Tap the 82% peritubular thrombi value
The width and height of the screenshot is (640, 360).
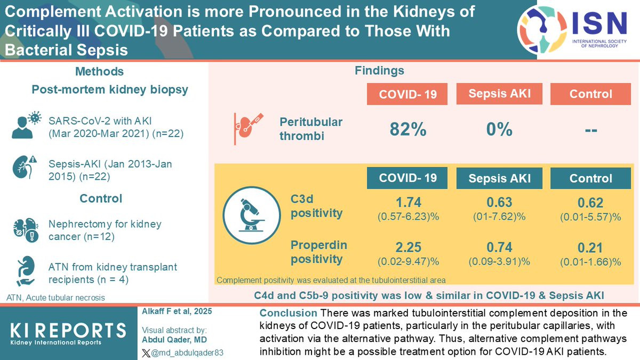pyautogui.click(x=408, y=129)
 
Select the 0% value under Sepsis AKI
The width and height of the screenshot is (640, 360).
pyautogui.click(x=499, y=129)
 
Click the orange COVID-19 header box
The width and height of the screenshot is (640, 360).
pyautogui.click(x=407, y=94)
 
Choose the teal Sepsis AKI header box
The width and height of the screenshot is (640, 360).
pyautogui.click(x=499, y=178)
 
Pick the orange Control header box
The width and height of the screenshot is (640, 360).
pyautogui.click(x=590, y=94)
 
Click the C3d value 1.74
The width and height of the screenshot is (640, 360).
pyautogui.click(x=408, y=202)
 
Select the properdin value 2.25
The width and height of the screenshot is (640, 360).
pyautogui.click(x=408, y=247)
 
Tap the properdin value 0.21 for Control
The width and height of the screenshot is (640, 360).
pyautogui.click(x=590, y=247)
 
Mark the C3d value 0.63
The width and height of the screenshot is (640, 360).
pyautogui.click(x=499, y=202)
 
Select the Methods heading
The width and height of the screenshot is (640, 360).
pyautogui.click(x=100, y=71)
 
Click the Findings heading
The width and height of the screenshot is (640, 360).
pyautogui.click(x=379, y=70)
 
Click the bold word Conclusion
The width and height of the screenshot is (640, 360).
pyautogui.click(x=287, y=313)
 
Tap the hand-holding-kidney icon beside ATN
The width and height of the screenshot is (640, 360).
pyautogui.click(x=25, y=272)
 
